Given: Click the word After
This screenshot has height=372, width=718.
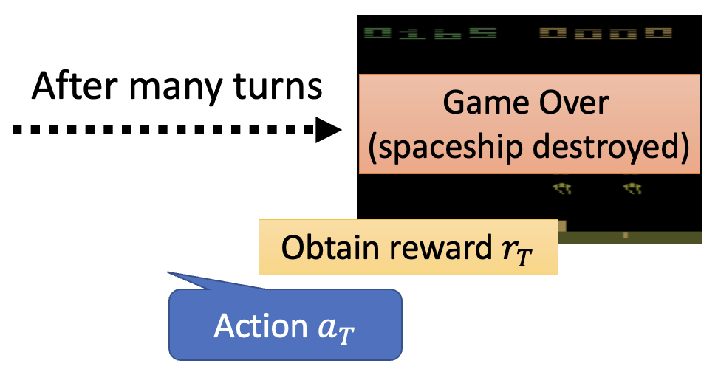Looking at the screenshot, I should point(73,88).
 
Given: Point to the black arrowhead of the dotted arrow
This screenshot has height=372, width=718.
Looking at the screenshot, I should point(329,131).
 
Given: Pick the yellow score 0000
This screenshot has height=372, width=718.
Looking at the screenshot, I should point(606,34).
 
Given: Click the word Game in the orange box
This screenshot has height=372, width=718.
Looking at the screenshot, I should point(481,103).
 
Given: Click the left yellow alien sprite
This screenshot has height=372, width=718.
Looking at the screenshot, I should point(562,190).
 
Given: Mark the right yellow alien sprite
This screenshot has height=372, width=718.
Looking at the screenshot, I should point(632,190).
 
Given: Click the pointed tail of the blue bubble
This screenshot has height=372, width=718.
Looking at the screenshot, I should point(171,274).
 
